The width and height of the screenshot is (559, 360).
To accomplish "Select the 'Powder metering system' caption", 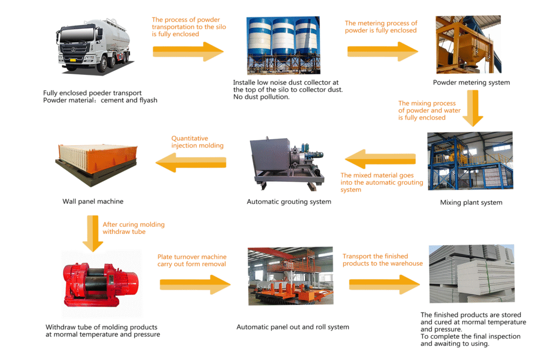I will [x=471, y=82].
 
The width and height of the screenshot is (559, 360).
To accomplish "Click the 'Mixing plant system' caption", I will [x=471, y=202].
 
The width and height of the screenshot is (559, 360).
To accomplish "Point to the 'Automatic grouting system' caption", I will [x=289, y=202].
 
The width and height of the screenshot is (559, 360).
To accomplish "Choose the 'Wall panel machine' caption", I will [x=93, y=201].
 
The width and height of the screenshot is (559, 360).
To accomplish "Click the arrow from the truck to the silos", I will [x=188, y=52].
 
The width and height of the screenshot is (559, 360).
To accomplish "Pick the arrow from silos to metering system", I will [x=383, y=51].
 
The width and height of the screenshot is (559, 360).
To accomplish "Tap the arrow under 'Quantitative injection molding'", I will [x=191, y=162].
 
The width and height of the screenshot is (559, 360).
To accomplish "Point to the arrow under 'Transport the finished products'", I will [x=384, y=284].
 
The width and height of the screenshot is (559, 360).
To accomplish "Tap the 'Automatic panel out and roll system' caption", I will [x=293, y=327].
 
